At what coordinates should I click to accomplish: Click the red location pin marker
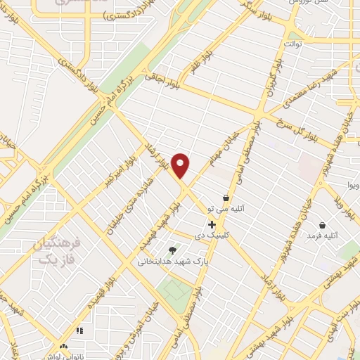(181, 165)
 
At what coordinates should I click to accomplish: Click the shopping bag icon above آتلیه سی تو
(225, 198)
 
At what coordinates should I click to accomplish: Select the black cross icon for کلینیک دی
(212, 224)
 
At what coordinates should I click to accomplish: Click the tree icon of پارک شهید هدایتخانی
(172, 250)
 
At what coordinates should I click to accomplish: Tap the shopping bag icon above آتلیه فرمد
(322, 226)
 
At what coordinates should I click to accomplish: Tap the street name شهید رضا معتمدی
(304, 89)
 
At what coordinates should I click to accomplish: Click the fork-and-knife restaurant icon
(79, 330)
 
